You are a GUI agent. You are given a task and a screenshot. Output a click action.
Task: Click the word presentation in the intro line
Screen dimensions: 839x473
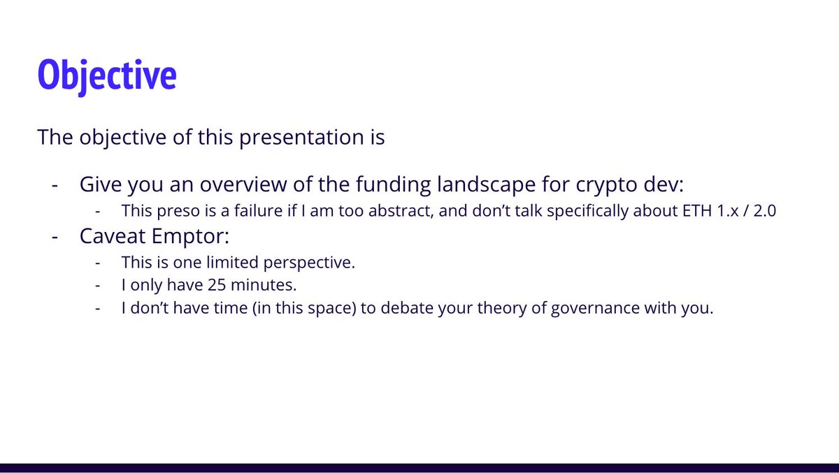point(301,138)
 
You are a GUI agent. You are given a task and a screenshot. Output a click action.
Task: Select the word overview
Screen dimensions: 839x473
point(243,184)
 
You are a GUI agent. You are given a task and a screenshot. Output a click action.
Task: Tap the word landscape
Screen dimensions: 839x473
point(486,185)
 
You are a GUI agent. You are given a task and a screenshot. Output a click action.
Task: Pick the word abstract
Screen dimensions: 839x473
point(401,211)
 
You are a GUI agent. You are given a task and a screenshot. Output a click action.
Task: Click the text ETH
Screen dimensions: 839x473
point(697,211)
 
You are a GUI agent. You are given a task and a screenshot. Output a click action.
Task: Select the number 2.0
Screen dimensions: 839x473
point(765,211)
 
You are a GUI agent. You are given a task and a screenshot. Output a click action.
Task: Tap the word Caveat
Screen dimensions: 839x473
point(113,236)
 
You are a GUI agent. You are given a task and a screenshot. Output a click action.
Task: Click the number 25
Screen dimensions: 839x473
point(217,285)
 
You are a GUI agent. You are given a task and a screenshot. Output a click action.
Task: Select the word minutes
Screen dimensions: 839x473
point(264,285)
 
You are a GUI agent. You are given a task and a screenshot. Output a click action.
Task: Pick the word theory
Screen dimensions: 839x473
point(502,309)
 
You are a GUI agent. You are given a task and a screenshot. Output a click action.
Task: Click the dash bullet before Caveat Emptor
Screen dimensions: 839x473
point(55,238)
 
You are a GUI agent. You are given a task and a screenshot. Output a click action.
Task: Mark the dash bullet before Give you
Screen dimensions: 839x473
point(55,185)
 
